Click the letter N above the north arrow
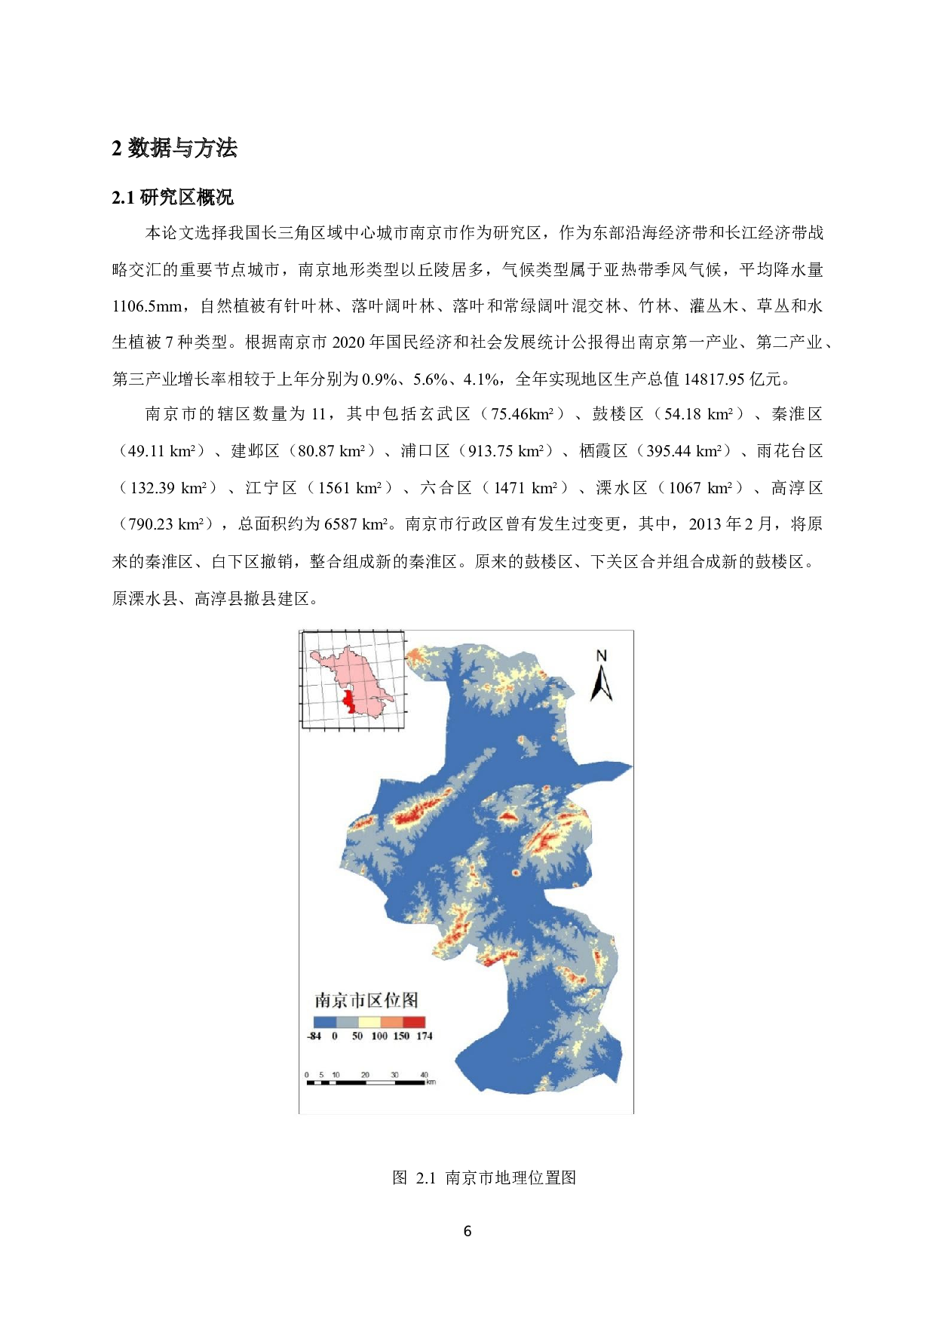tap(601, 656)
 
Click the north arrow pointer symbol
tap(601, 684)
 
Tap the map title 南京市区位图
tap(366, 1000)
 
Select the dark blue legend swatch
tap(324, 1021)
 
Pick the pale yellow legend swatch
tap(369, 1021)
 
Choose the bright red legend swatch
tap(414, 1021)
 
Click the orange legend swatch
tap(391, 1021)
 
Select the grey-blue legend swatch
tap(347, 1021)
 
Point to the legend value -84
tap(314, 1036)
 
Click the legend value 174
tap(425, 1036)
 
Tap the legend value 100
tap(379, 1036)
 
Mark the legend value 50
tap(357, 1036)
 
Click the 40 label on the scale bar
tap(424, 1075)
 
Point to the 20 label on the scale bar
tap(365, 1075)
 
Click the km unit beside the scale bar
tap(431, 1082)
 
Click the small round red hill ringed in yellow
tap(517, 873)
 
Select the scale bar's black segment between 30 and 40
tap(409, 1082)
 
